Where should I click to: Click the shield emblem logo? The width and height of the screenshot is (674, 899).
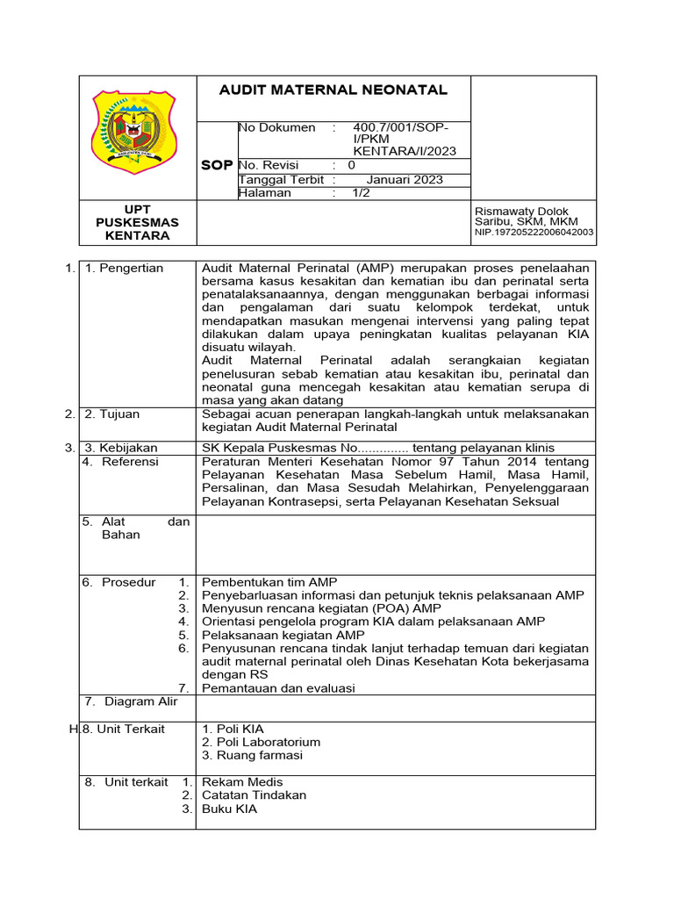point(134,132)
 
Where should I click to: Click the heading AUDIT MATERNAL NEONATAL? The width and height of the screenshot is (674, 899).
point(333,90)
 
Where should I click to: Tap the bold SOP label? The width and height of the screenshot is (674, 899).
point(217,165)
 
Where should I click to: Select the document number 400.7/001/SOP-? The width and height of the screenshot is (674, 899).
point(399,128)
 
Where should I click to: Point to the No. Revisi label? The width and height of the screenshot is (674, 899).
point(269,165)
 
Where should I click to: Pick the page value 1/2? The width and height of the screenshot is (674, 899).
point(362,193)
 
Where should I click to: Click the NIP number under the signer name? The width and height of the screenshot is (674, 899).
point(534,233)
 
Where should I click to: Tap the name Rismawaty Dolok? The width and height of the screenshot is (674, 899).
point(521,212)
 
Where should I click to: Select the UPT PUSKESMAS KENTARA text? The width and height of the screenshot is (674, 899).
point(137,223)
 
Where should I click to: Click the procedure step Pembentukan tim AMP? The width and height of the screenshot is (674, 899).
point(269,582)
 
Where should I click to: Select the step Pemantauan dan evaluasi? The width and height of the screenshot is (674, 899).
point(278,688)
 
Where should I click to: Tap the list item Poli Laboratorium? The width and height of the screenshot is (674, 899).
point(261,742)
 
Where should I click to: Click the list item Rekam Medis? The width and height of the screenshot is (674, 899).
point(242,781)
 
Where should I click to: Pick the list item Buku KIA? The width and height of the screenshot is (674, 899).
point(229,809)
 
